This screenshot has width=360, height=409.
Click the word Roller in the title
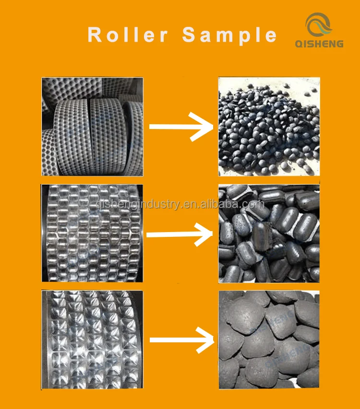pos(128,35)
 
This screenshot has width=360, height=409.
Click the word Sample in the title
pos(230,35)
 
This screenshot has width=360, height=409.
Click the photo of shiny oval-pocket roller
pos(92,234)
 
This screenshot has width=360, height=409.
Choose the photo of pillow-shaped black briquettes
pos(269,234)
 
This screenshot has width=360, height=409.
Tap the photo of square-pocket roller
pos(92,340)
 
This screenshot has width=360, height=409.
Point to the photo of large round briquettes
pos(269,340)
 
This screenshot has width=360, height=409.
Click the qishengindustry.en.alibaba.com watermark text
pos(180,205)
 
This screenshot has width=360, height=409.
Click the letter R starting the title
pos(96,35)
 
